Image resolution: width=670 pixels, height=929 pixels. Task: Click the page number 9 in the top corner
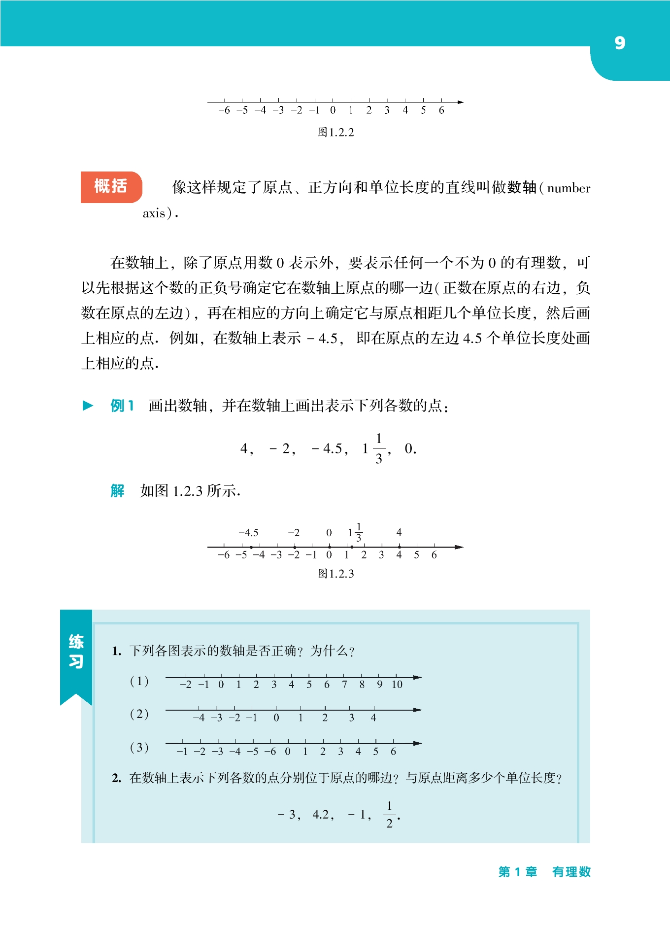[x=620, y=43]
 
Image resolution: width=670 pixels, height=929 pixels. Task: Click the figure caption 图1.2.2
[x=335, y=132]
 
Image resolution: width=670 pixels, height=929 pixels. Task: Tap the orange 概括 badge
[x=111, y=187]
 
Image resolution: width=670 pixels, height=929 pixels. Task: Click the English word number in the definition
[x=569, y=188]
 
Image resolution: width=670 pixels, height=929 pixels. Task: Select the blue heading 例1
[x=122, y=406]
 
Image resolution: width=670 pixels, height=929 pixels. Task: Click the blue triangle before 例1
[x=88, y=406]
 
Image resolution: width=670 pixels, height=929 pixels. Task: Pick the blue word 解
[x=117, y=491]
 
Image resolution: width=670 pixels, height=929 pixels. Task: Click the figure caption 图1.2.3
[x=335, y=574]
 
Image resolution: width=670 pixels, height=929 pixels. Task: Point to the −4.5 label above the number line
[x=248, y=533]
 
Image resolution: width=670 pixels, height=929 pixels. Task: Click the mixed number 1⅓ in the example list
[x=373, y=448]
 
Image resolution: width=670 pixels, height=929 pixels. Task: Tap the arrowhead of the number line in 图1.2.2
[x=460, y=102]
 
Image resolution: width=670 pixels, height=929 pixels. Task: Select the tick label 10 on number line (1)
[x=397, y=685]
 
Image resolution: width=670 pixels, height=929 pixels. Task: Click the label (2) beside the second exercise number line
[x=139, y=714]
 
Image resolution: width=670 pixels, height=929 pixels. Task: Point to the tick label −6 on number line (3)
[x=270, y=752]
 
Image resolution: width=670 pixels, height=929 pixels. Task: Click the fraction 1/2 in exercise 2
[x=389, y=815]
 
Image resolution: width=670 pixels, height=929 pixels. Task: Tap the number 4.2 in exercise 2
[x=323, y=815]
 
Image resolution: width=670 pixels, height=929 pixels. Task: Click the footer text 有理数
[x=571, y=872]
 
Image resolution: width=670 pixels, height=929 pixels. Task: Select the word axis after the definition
[x=154, y=213]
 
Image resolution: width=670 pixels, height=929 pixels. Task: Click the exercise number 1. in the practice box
[x=116, y=651]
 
